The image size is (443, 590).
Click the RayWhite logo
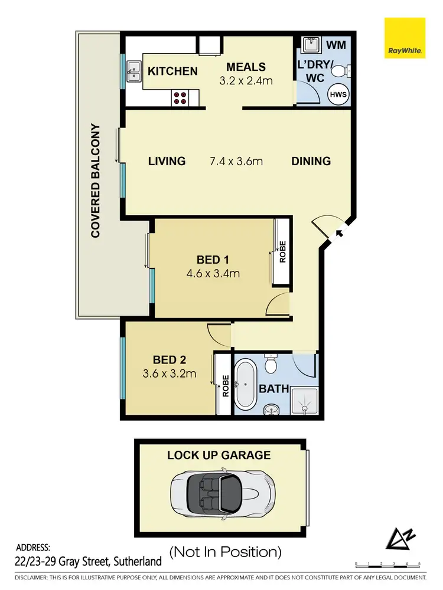point(405,38)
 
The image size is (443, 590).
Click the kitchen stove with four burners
point(181,98)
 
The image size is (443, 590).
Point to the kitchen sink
point(133,71)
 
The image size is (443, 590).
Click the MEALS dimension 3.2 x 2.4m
point(246,81)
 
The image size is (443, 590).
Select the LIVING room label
point(167,161)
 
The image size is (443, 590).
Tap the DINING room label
point(311,161)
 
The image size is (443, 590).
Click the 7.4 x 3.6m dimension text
point(236,161)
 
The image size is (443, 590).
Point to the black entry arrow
point(340,234)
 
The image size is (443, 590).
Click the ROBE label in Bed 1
point(282,252)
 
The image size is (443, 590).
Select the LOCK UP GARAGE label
point(219,455)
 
